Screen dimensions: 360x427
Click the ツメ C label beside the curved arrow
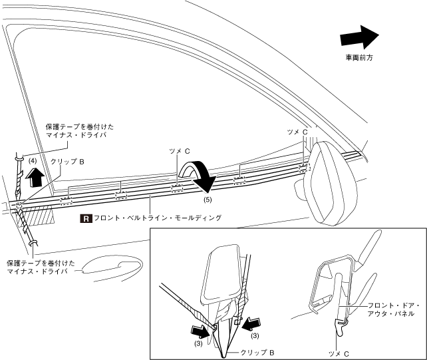pos(180,151)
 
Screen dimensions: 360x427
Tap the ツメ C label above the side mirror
pos(297,132)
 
